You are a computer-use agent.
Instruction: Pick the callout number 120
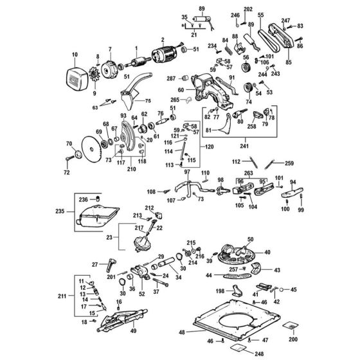click(209, 147)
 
